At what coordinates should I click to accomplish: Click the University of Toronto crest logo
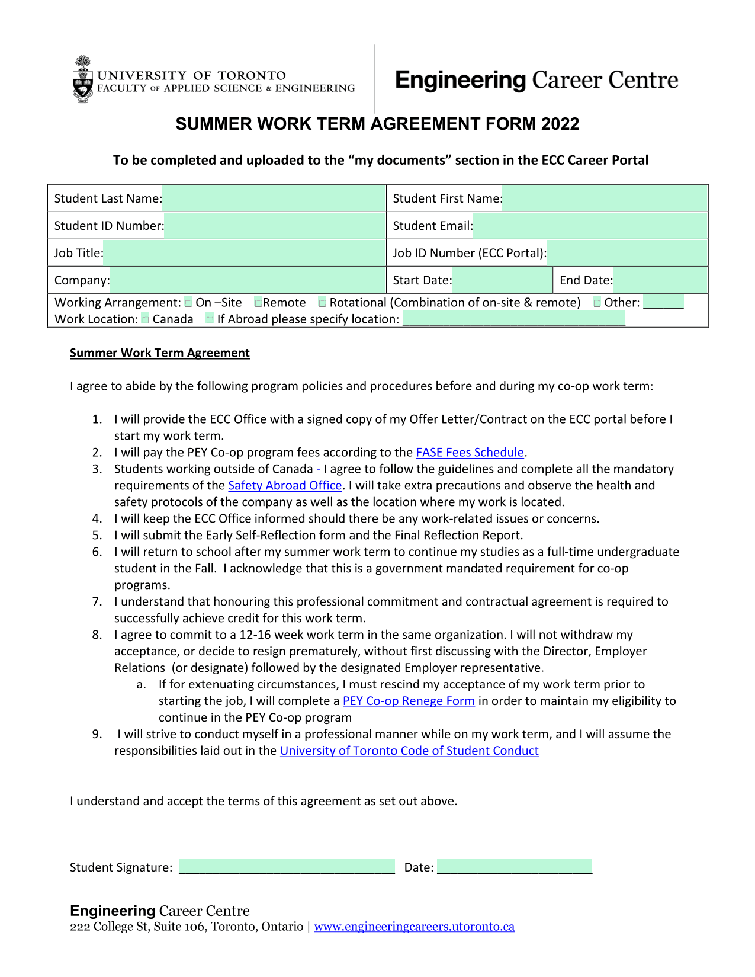[83, 79]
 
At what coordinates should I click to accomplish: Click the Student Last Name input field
[274, 198]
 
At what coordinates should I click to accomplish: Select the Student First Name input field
[605, 198]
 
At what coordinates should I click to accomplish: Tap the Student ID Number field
[275, 226]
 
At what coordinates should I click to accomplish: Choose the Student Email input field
[590, 226]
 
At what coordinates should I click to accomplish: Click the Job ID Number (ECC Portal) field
[627, 253]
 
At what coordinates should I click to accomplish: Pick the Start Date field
[502, 280]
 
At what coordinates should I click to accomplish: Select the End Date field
[660, 280]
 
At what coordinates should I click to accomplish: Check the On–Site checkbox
[188, 303]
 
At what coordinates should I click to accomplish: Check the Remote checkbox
[258, 303]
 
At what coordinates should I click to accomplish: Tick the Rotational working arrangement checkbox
[322, 303]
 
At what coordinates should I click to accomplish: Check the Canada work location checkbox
[146, 319]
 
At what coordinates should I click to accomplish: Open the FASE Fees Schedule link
[470, 453]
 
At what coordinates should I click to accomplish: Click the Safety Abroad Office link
[285, 486]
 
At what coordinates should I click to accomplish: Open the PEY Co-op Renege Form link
[409, 701]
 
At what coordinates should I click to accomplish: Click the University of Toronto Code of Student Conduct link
[409, 751]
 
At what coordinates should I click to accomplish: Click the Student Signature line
[287, 867]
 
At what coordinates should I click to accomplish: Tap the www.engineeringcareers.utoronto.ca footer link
[414, 927]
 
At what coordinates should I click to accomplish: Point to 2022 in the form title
[560, 124]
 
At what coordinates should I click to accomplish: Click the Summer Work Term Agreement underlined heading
[160, 353]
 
